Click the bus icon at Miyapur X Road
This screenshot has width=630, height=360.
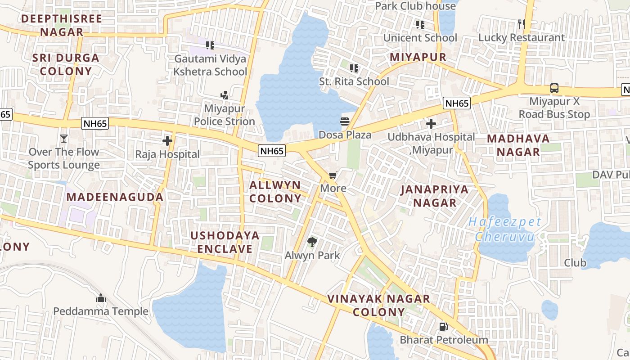point(554,89)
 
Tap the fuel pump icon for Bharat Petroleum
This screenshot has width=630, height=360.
point(443,327)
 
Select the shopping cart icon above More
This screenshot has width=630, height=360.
point(333,175)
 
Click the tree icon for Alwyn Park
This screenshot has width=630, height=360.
point(312,243)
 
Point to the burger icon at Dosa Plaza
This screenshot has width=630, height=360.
point(345,121)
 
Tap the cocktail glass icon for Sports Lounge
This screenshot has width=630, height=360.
point(64,139)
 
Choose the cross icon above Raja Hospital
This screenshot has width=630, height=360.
point(167,141)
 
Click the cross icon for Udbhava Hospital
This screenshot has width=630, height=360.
point(431,124)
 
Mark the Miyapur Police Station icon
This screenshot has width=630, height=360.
point(224,95)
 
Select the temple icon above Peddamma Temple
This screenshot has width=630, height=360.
point(101,298)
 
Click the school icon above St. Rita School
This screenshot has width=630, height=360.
point(354,68)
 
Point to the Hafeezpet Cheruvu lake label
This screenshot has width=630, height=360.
point(504,229)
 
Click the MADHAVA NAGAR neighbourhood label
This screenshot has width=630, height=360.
point(518,145)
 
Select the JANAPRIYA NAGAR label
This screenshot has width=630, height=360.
point(435,196)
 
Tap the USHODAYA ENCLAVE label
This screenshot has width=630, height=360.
point(225,242)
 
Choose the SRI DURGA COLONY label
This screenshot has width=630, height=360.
point(66,64)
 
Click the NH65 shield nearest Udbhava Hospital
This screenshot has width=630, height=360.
point(457,103)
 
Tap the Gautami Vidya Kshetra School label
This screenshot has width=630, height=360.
point(210,65)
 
